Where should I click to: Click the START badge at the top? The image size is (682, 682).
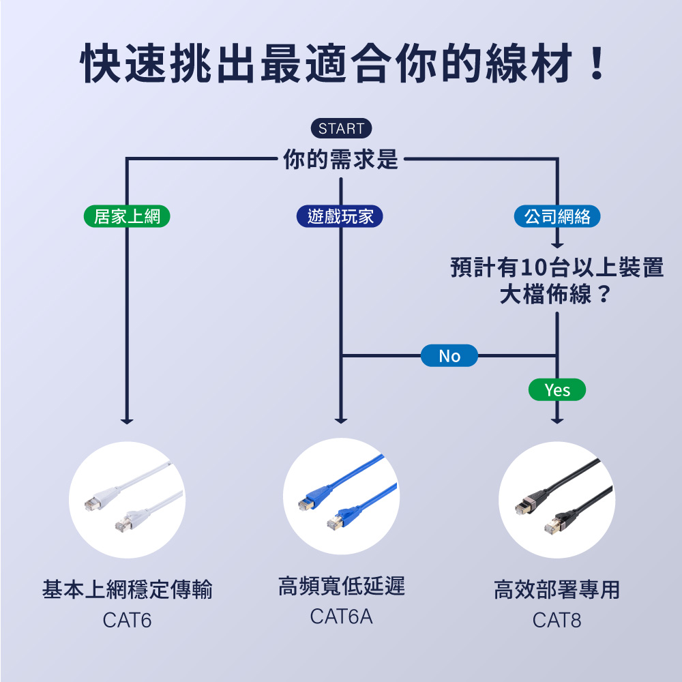pyautogui.click(x=341, y=128)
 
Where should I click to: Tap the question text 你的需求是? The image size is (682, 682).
pyautogui.click(x=341, y=161)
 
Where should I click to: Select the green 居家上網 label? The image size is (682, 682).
pyautogui.click(x=127, y=217)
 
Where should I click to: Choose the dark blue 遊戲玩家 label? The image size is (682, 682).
pyautogui.click(x=340, y=217)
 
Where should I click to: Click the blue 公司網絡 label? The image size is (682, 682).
pyautogui.click(x=557, y=217)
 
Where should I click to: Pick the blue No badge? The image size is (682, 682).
pyautogui.click(x=449, y=356)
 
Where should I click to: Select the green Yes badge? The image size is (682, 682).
pyautogui.click(x=557, y=390)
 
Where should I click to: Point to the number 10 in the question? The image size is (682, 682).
pyautogui.click(x=531, y=268)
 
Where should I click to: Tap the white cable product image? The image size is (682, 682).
pyautogui.click(x=128, y=500)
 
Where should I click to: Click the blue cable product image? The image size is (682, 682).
pyautogui.click(x=341, y=496)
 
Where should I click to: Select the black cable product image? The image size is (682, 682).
pyautogui.click(x=557, y=500)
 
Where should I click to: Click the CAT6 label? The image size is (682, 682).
pyautogui.click(x=128, y=621)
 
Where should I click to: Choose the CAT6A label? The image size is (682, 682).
pyautogui.click(x=341, y=617)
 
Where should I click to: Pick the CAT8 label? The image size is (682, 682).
pyautogui.click(x=557, y=621)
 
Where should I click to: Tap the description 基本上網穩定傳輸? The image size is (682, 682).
pyautogui.click(x=128, y=589)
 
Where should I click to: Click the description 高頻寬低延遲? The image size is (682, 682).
pyautogui.click(x=341, y=585)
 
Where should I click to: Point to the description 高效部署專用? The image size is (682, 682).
pyautogui.click(x=557, y=589)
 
